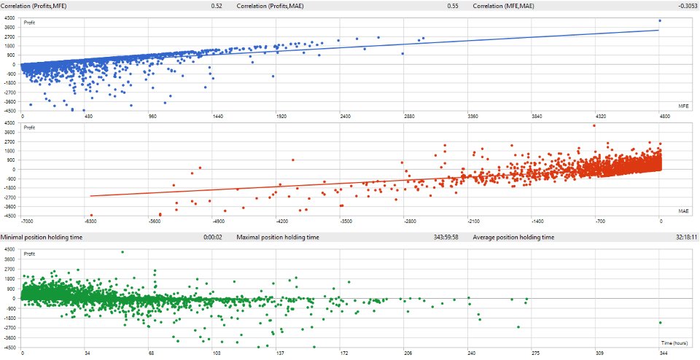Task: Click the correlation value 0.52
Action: click(217, 5)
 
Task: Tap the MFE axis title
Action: click(683, 106)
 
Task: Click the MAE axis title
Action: click(683, 211)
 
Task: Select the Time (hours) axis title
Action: click(676, 341)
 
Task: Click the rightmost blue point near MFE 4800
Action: click(660, 20)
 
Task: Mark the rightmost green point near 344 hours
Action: click(660, 322)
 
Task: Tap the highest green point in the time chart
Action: click(122, 252)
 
